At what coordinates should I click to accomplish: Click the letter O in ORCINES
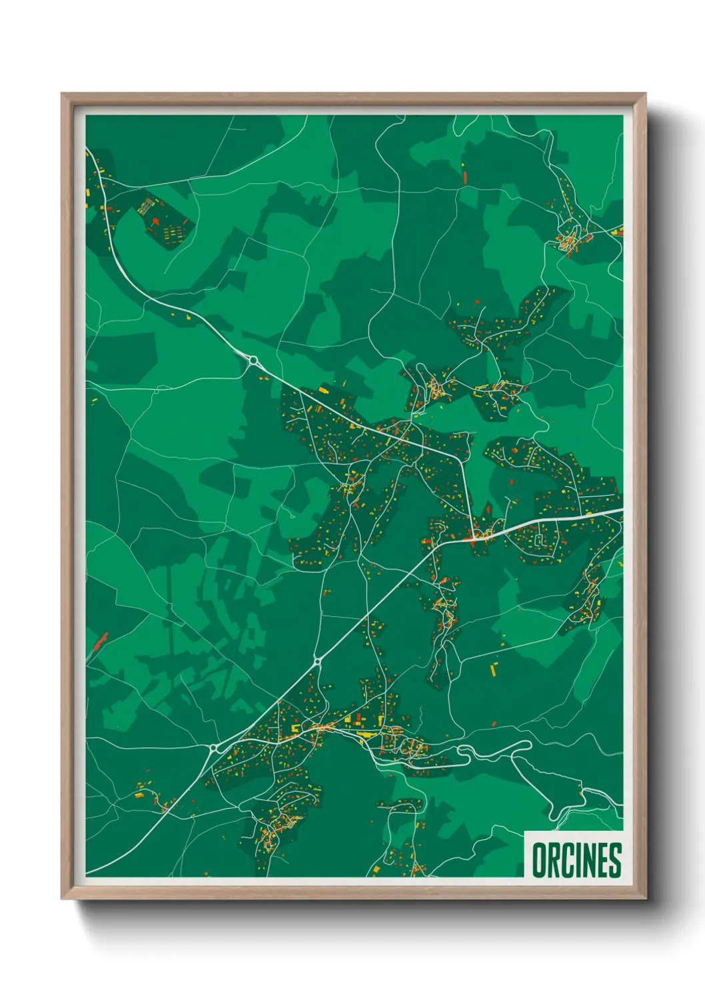point(538,860)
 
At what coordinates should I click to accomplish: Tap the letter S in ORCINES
point(615,860)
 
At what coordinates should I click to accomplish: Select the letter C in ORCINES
point(564,860)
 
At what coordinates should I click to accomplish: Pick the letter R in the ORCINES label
point(552,860)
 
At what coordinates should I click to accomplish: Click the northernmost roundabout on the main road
point(253,361)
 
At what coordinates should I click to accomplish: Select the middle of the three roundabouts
point(317,662)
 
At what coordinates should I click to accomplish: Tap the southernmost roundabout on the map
point(215,749)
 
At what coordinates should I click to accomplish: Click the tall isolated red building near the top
point(465,177)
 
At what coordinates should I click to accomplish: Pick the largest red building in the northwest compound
point(155,221)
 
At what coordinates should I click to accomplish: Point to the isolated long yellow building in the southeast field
point(494,668)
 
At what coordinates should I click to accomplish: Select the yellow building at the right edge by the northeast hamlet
point(618,232)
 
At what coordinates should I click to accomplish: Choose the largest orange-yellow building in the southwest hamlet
point(139,795)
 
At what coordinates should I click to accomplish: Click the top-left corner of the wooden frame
point(62,94)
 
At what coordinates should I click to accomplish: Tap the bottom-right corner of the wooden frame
point(645,899)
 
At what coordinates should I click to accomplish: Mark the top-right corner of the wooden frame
point(645,94)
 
